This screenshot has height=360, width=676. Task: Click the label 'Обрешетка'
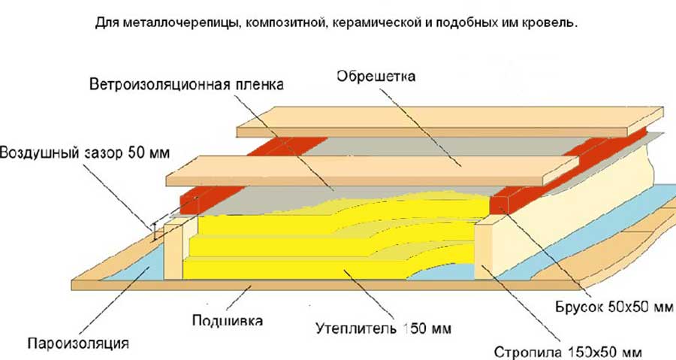(x=376, y=77)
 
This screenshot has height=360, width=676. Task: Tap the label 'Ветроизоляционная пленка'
(x=187, y=84)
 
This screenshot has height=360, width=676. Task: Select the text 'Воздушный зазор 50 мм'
(x=85, y=153)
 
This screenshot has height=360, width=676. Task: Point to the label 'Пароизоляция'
(x=78, y=343)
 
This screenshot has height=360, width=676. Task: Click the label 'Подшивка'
(x=227, y=321)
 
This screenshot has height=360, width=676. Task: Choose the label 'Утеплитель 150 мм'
(x=383, y=328)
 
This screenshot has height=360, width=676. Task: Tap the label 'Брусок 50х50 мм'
(x=614, y=307)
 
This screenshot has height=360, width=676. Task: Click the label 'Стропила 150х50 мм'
(x=568, y=352)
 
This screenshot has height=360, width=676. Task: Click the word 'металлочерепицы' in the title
(x=181, y=23)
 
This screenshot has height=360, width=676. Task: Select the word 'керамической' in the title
(x=377, y=23)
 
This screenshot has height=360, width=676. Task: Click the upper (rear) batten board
(x=450, y=121)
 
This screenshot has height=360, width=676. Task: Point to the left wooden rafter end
(x=174, y=252)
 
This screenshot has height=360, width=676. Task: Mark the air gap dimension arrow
(x=153, y=232)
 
